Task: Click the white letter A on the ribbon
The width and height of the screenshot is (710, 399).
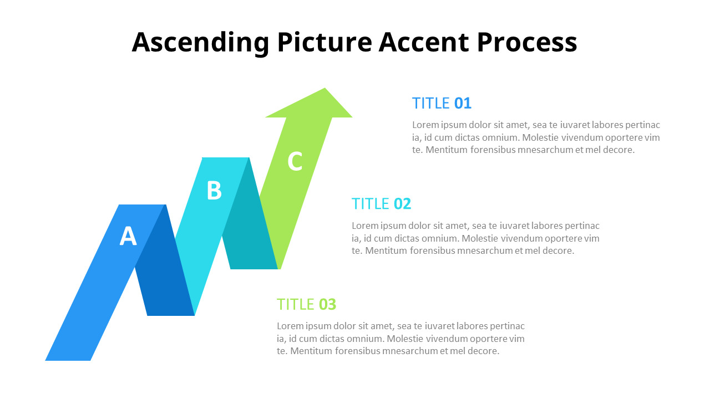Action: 128,237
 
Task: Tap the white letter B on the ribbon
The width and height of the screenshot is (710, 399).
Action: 214,191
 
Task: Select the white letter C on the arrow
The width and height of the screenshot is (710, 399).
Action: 295,161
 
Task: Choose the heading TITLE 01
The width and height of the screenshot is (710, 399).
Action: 442,103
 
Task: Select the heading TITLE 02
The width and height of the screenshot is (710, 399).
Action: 381,204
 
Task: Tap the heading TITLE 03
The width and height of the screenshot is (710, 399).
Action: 306,305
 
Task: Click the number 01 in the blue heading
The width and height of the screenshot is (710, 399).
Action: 463,103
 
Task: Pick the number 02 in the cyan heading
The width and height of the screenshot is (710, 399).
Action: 402,204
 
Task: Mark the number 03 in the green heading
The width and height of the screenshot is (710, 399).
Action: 327,305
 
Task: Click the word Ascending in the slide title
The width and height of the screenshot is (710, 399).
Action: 201,43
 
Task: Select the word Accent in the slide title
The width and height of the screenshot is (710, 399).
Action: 424,43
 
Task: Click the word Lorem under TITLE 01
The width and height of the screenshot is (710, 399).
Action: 424,125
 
